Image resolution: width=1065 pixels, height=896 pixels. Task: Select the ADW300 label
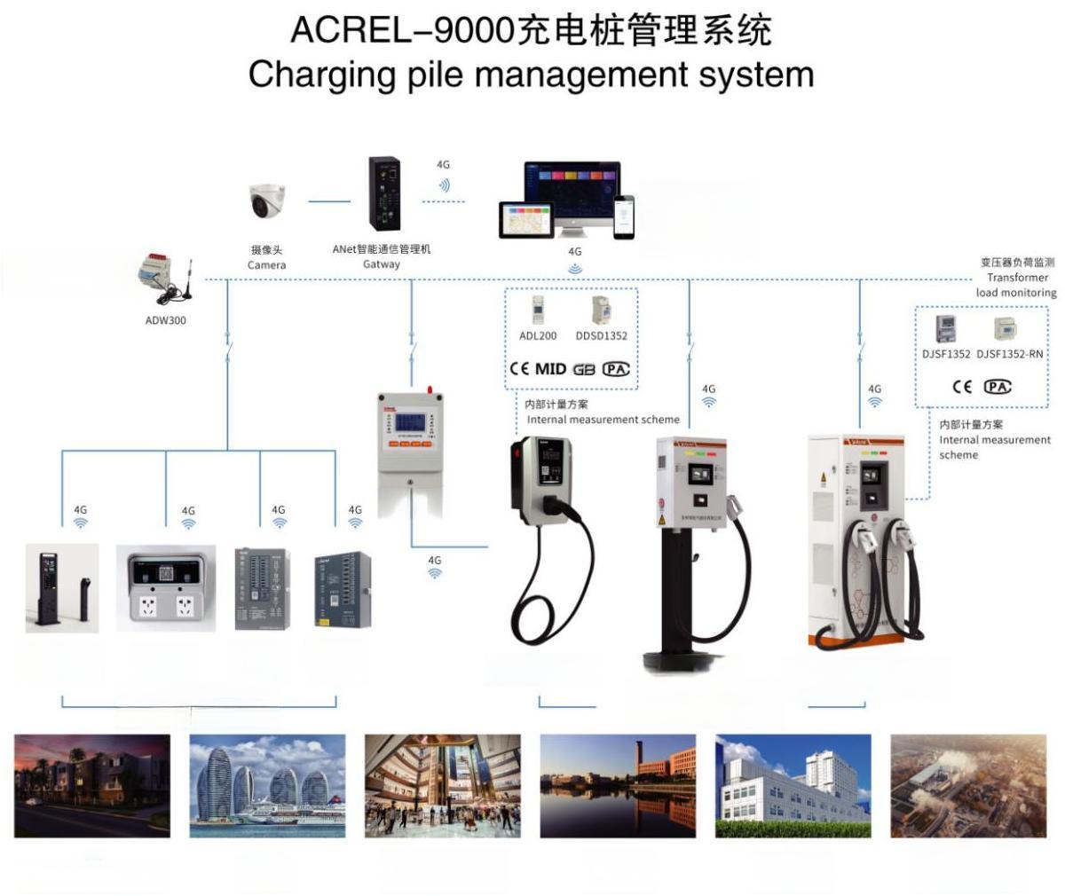(x=166, y=320)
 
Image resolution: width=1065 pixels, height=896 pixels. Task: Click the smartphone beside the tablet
(x=626, y=216)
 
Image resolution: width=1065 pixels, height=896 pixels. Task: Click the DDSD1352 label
(x=601, y=336)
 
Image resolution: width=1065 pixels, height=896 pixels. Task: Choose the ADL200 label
(x=538, y=336)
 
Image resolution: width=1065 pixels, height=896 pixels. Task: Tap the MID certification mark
(x=550, y=369)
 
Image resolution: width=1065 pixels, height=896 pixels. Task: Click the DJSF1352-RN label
(x=1010, y=354)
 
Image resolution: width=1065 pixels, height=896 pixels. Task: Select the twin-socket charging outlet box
(x=166, y=588)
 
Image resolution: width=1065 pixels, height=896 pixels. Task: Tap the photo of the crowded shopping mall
(x=443, y=786)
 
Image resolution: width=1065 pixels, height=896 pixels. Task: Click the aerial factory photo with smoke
(x=968, y=786)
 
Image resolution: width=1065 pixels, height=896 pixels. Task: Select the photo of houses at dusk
(x=92, y=786)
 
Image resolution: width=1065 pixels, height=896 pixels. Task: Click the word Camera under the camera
(x=266, y=265)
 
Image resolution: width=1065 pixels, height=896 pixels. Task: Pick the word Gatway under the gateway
(x=382, y=264)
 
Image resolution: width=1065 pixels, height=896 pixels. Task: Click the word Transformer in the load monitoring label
(x=1017, y=278)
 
